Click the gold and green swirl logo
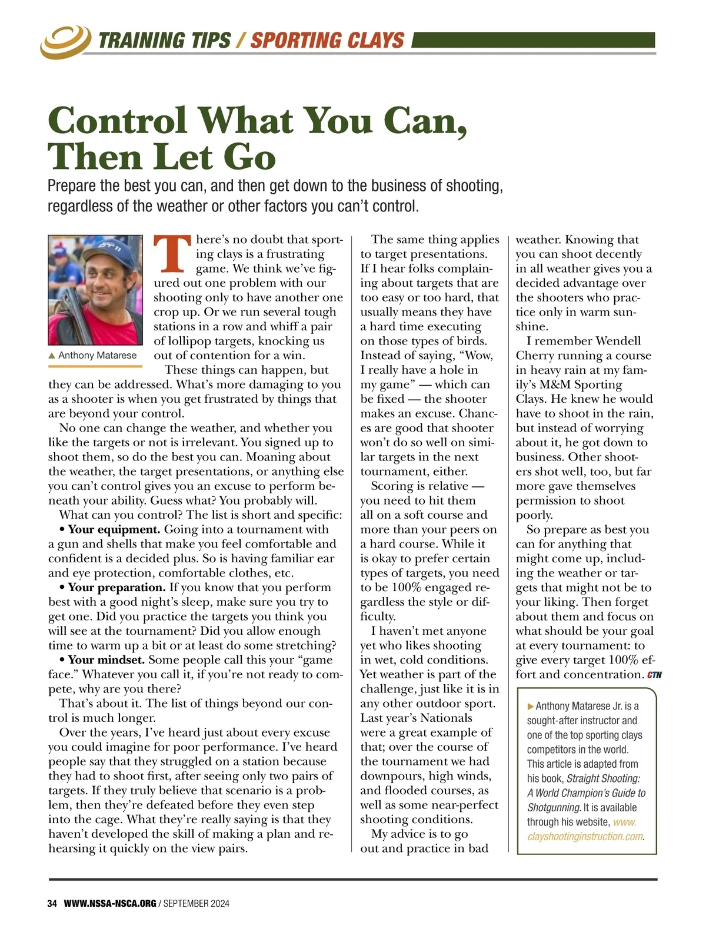pos(65,41)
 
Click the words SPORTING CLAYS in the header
pos(327,41)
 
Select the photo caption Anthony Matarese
pos(97,356)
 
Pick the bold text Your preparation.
pos(116,587)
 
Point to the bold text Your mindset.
pos(106,659)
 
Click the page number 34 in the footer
pos(52,903)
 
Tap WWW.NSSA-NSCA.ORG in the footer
pos(110,903)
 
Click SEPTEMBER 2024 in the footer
pos(197,903)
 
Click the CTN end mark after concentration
pos(654,675)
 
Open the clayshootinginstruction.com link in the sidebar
pos(585,836)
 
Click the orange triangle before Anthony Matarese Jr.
pos(531,706)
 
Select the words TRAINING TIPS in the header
pos(164,41)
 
